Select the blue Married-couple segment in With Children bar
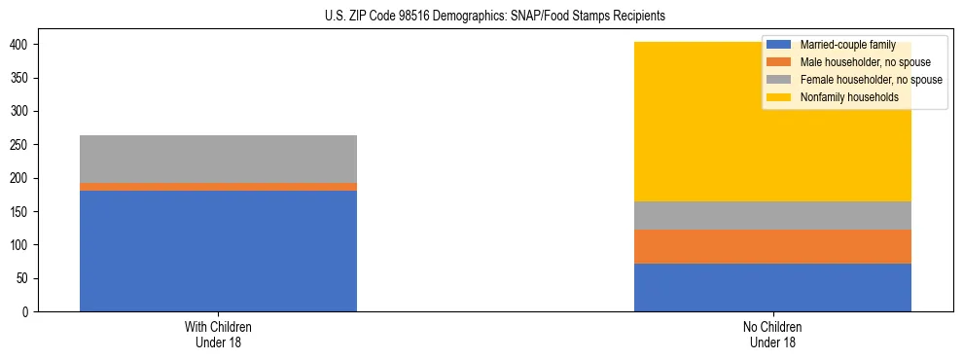tap(218, 251)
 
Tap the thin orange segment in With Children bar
tap(218, 187)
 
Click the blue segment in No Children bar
tap(772, 287)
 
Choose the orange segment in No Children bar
tap(772, 246)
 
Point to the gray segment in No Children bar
tap(772, 215)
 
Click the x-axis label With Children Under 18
tap(218, 334)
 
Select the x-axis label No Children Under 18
tap(772, 334)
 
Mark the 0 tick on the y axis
tap(28, 311)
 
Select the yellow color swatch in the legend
tap(779, 97)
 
